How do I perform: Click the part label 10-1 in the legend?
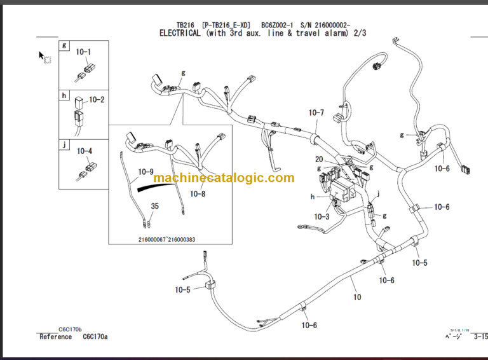83,52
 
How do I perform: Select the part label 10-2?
97,100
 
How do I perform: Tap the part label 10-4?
85,151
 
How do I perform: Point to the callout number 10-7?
316,113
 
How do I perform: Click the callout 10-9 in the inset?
146,172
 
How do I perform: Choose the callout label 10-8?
198,193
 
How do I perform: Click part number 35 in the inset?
154,206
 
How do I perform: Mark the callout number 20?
318,160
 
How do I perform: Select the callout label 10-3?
322,217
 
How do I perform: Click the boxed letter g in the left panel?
64,46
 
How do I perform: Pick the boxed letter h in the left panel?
64,95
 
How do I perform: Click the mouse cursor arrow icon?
42,55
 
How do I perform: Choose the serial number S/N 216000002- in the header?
325,24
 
